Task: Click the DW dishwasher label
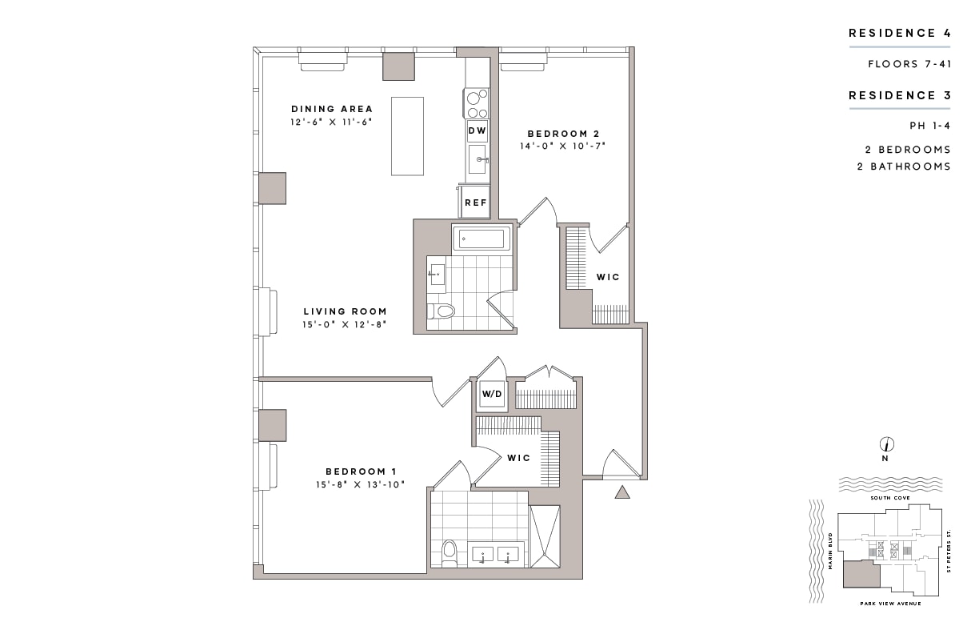coord(477,130)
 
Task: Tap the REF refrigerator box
coord(476,202)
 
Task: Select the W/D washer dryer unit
coord(492,394)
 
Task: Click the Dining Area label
coord(332,109)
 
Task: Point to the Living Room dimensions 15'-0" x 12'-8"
coord(345,325)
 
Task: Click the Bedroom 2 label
coord(563,134)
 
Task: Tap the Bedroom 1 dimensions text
coord(361,484)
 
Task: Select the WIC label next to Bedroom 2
coord(608,277)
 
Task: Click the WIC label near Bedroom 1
coord(519,458)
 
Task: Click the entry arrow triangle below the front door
coord(622,492)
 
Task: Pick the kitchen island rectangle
coord(407,136)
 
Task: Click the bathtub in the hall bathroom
coord(482,239)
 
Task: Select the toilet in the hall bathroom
coord(442,311)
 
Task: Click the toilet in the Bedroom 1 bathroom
coord(449,553)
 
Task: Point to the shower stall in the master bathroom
coord(545,537)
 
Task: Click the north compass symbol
coord(887,444)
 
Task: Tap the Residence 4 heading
coord(900,34)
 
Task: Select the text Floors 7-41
coord(909,64)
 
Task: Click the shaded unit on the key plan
coord(861,575)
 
